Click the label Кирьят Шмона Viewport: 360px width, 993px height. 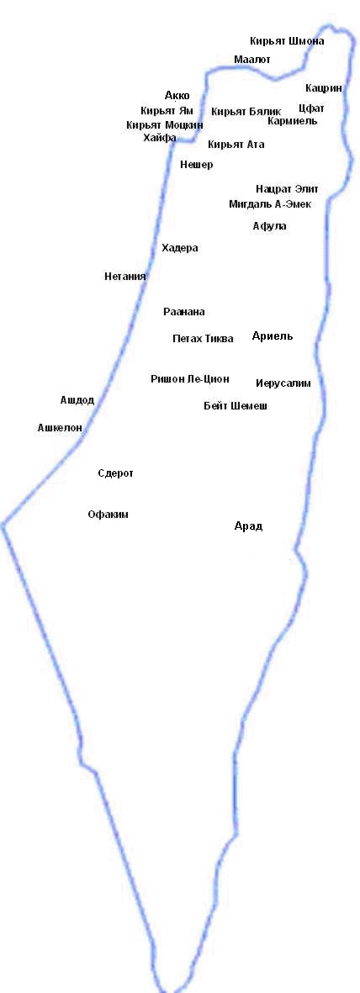[x=287, y=41]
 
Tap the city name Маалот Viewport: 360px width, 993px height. [x=252, y=60]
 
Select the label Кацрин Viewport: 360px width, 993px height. [x=323, y=88]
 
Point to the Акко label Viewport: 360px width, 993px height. [x=177, y=96]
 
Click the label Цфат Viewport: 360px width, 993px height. [x=311, y=108]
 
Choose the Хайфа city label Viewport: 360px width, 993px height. [x=160, y=138]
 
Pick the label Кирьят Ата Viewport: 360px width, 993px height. [x=236, y=145]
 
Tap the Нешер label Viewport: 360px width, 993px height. [x=197, y=166]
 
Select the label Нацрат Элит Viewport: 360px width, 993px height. [x=287, y=189]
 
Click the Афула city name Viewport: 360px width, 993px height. [x=269, y=226]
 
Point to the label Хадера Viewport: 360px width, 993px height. [x=180, y=248]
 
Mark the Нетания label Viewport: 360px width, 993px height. [x=125, y=277]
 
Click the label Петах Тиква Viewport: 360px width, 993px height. [x=203, y=339]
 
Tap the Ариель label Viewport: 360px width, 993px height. [x=273, y=336]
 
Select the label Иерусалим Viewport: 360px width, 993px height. [x=283, y=383]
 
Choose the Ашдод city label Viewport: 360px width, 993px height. [x=77, y=401]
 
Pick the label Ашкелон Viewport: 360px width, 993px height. [x=61, y=428]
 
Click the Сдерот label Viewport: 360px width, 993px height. [x=116, y=473]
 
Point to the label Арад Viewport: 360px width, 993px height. [x=248, y=527]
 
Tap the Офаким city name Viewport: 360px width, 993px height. [x=109, y=515]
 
